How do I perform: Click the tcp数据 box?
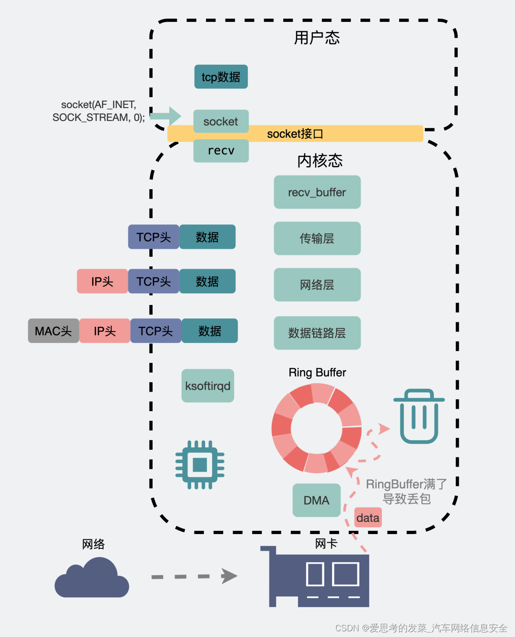[x=221, y=77]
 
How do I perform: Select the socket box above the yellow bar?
[x=221, y=121]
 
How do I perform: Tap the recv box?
[x=221, y=151]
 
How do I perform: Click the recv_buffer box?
[x=317, y=192]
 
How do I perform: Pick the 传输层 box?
[x=317, y=238]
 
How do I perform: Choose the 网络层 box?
[x=317, y=284]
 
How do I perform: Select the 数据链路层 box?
[x=317, y=333]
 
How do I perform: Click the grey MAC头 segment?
[x=53, y=331]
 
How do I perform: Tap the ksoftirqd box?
[x=208, y=385]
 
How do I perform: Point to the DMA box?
[x=317, y=500]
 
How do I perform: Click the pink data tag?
[x=368, y=517]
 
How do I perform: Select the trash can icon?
[x=419, y=416]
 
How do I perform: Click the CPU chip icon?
[x=200, y=465]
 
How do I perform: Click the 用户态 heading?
[x=317, y=38]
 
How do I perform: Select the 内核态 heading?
[x=320, y=161]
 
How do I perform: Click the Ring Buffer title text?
[x=317, y=372]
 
